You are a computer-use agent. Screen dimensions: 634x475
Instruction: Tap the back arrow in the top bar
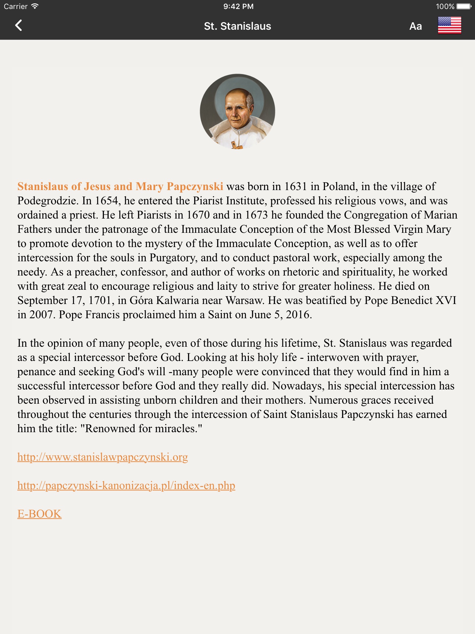[19, 26]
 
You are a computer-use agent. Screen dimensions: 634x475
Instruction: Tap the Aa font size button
[415, 26]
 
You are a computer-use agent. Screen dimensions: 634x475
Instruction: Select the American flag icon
[449, 25]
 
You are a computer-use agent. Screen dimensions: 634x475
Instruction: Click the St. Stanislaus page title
[237, 26]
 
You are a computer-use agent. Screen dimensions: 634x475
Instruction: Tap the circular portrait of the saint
[237, 111]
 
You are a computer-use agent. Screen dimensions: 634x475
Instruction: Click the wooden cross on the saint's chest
[237, 145]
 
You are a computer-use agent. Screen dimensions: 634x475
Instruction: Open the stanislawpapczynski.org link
[102, 457]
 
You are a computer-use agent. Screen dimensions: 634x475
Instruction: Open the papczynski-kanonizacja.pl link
[126, 486]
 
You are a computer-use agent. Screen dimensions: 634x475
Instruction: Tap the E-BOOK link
[39, 514]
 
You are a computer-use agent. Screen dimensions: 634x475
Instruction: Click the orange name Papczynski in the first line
[195, 187]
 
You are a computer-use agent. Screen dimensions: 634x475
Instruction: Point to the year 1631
[295, 187]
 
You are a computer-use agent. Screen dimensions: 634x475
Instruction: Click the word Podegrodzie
[46, 201]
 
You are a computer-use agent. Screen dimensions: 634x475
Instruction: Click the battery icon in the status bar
[464, 7]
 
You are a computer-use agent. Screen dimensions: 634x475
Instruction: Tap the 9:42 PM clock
[238, 7]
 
